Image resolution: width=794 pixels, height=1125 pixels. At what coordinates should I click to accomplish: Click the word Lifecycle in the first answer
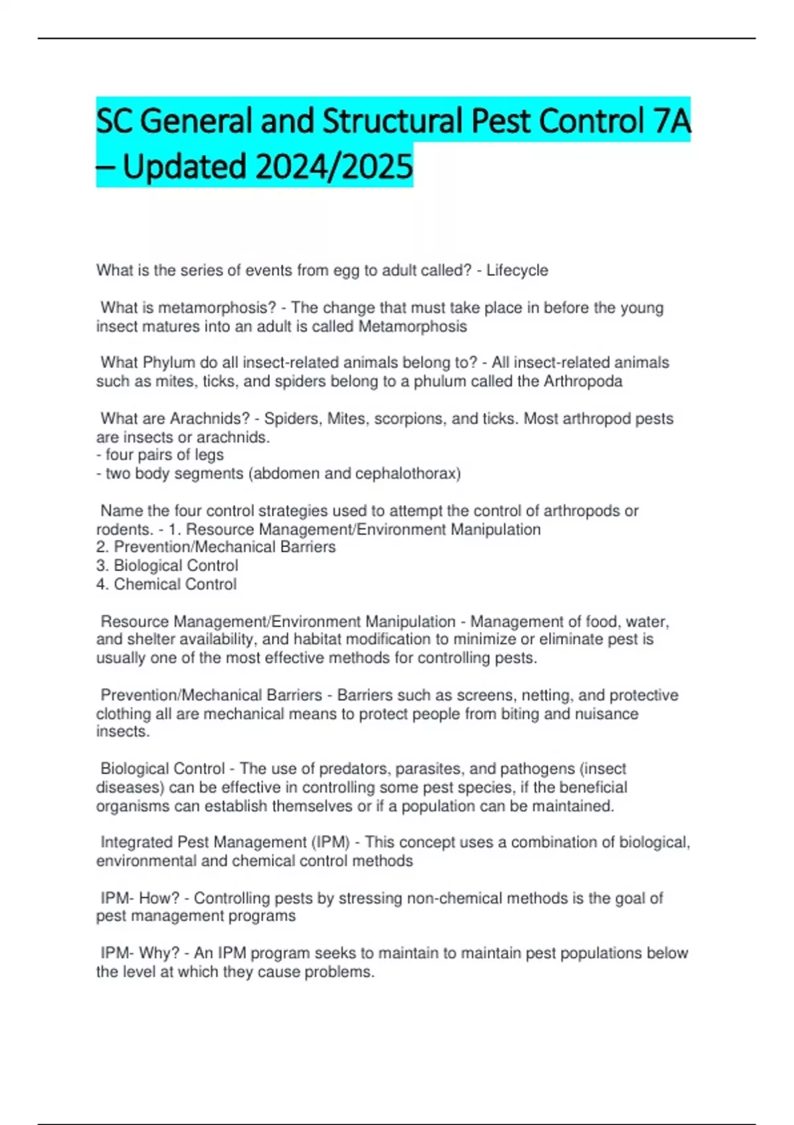[517, 271]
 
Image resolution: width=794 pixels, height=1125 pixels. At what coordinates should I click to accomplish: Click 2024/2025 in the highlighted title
[334, 167]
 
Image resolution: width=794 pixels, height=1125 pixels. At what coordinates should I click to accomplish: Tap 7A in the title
[671, 121]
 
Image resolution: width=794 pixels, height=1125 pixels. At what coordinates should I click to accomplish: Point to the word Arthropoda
[583, 381]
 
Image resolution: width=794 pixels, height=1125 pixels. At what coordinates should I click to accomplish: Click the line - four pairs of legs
[160, 455]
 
